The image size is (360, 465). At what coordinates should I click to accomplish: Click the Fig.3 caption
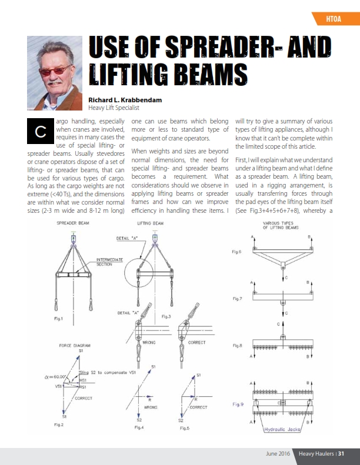(166, 317)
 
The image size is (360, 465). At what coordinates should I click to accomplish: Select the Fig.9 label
(238, 404)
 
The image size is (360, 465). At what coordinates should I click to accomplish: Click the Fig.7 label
(238, 299)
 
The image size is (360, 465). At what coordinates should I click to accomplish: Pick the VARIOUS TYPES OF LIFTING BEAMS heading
(280, 226)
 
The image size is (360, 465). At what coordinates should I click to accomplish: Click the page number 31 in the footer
(341, 453)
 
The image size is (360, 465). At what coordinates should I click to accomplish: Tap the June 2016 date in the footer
(276, 453)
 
